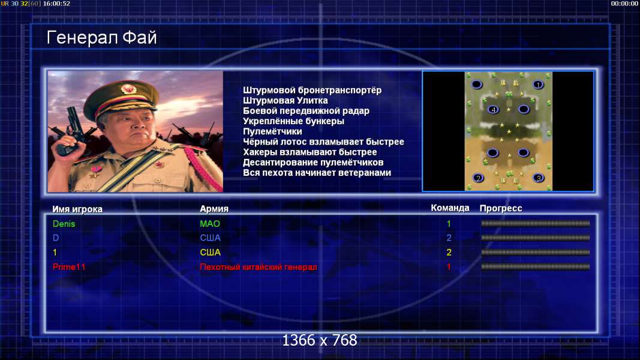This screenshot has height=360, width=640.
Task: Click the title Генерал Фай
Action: point(101,38)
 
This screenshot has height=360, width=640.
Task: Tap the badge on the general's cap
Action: point(128,89)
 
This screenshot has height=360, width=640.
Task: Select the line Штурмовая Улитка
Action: point(286,100)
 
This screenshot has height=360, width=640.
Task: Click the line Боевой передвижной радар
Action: point(306,111)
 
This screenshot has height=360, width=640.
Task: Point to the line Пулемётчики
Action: point(272,131)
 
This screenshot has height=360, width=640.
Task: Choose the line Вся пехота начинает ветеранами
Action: point(317,173)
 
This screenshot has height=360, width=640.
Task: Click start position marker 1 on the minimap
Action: point(538,85)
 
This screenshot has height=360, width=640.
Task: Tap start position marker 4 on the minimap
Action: point(494,109)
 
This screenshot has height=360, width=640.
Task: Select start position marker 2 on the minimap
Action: point(478,178)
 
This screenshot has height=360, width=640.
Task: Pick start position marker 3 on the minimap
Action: point(539,178)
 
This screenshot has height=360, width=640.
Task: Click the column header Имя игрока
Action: point(77,209)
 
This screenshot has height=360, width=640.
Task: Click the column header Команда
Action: point(450,208)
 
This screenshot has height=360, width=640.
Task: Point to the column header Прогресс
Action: point(501,208)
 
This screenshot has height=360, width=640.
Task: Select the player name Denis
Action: point(64,224)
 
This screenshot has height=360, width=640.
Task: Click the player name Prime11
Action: point(69,267)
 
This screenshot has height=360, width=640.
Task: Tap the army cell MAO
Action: point(210,224)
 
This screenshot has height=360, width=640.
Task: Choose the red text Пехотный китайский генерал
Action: point(259,267)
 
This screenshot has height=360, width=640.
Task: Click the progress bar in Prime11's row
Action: point(536,266)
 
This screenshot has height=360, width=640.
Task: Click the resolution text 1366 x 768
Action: point(320,340)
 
